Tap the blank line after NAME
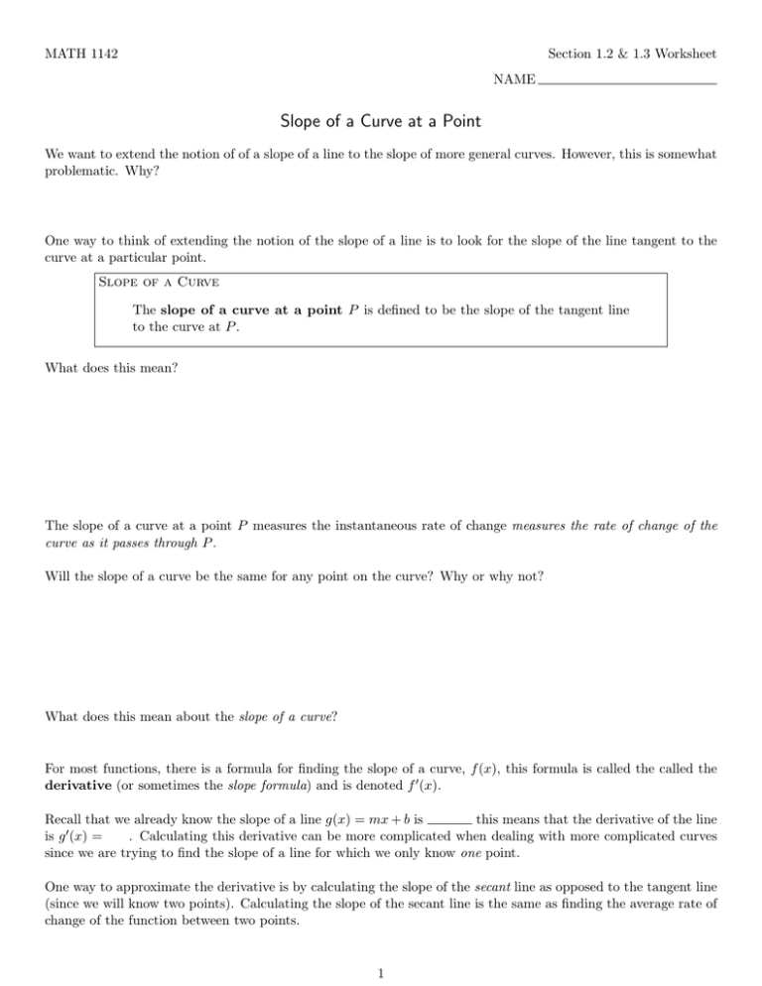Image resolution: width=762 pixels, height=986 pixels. tap(627, 81)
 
